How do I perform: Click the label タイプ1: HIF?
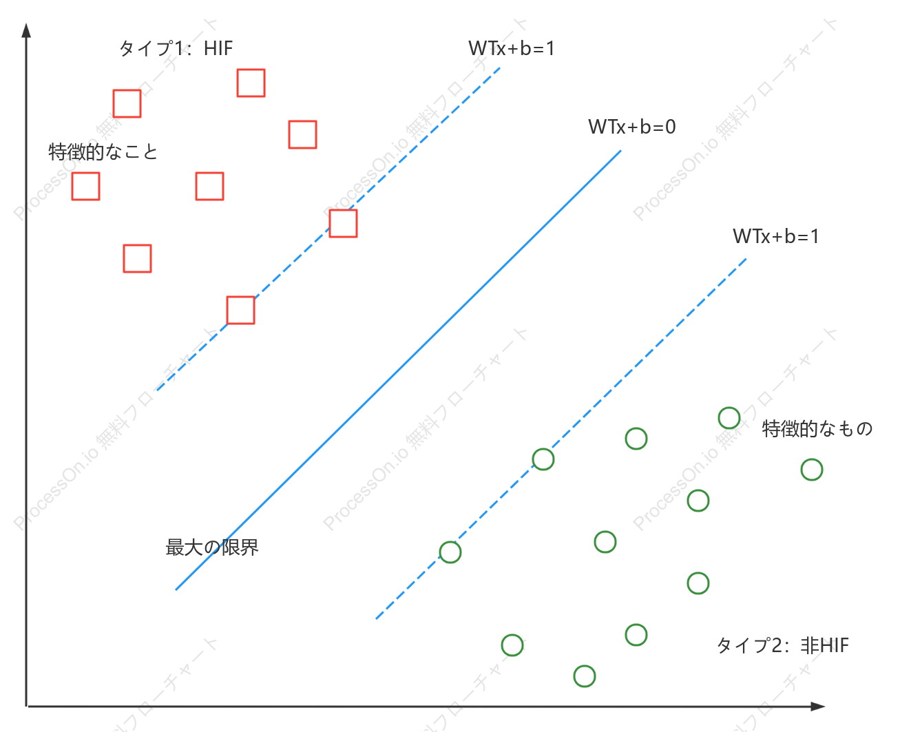(x=176, y=48)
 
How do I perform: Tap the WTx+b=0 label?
(x=631, y=127)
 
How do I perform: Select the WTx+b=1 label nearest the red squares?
(x=511, y=48)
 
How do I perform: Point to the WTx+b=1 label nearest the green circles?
(x=775, y=236)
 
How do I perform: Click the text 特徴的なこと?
(x=103, y=151)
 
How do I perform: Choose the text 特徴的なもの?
(x=817, y=428)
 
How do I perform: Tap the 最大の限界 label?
(x=211, y=547)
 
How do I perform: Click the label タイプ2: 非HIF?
(x=782, y=646)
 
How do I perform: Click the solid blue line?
(x=399, y=370)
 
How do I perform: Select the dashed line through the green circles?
(x=561, y=439)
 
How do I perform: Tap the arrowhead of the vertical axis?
(x=26, y=30)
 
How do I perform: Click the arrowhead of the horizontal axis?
(x=818, y=706)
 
